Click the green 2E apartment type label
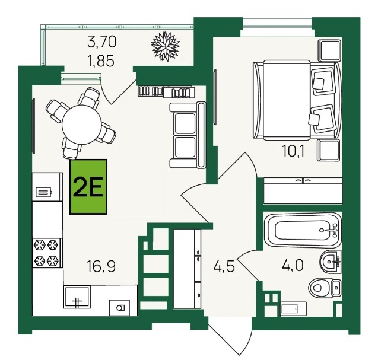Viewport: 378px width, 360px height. tap(88, 186)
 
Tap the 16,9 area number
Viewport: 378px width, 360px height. tap(101, 267)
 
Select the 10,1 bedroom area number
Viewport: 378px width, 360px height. tap(293, 152)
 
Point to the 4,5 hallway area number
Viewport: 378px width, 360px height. tap(224, 266)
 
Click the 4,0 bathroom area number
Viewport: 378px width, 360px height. tap(293, 265)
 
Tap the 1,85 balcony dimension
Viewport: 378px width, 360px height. tap(101, 60)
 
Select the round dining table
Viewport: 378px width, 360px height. tap(81, 125)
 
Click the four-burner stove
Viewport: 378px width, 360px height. tap(47, 253)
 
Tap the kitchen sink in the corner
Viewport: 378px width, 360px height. tap(77, 297)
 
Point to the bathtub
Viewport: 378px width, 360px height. tap(303, 230)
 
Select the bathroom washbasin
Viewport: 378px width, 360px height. tap(331, 262)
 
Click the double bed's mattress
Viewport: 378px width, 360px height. tap(287, 100)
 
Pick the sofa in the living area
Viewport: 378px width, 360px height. tap(188, 135)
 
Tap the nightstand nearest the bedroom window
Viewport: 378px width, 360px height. tap(329, 50)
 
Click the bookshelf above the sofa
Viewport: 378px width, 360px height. tap(166, 91)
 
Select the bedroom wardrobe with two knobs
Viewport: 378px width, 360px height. tap(303, 191)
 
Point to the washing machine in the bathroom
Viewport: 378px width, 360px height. tap(294, 308)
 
